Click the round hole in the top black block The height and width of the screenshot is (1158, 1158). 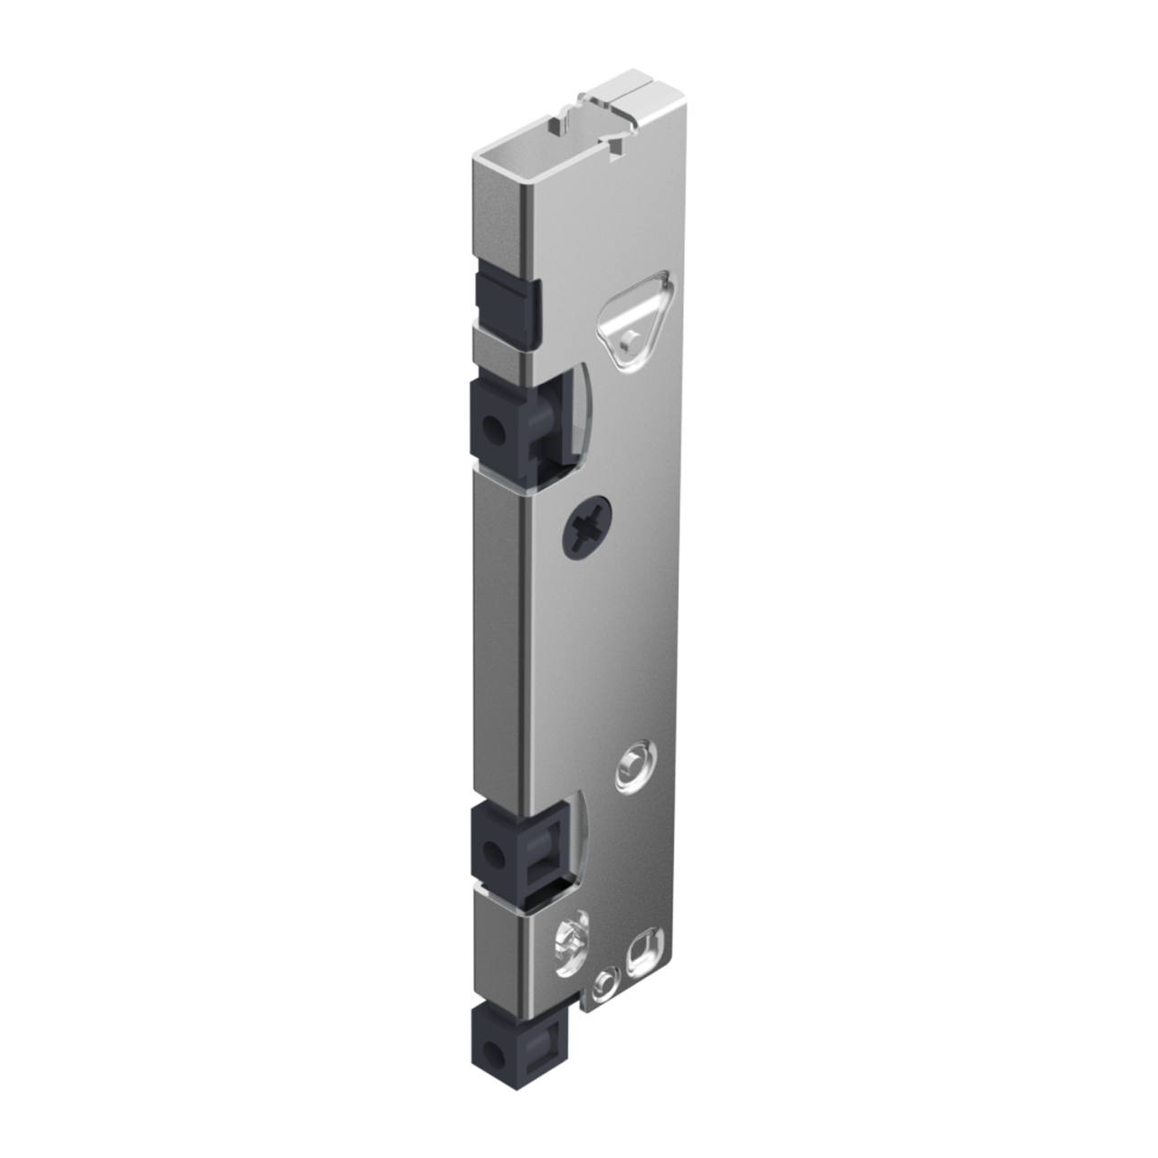coord(493,427)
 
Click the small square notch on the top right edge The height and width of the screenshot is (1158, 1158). coord(618,147)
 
